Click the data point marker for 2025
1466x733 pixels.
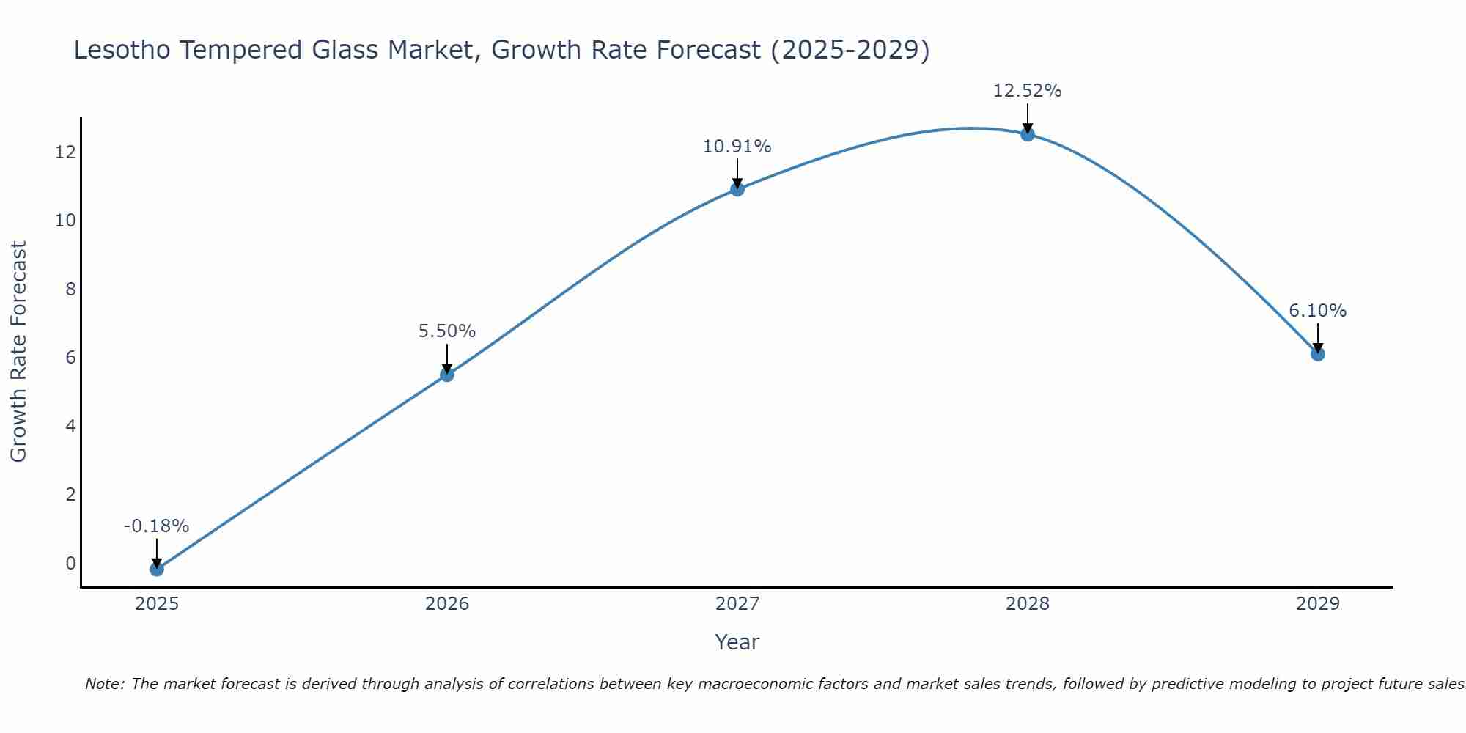(156, 569)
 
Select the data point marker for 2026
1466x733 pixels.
(447, 375)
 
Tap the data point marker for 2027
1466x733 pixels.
(737, 189)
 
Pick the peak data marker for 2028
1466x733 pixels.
(1028, 134)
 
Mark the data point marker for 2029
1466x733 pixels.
(1318, 354)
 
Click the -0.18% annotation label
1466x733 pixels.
(156, 526)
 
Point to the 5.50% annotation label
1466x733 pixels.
(447, 331)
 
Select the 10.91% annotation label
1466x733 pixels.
(737, 147)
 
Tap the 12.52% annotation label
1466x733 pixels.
(1028, 91)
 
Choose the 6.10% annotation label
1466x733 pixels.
(1318, 311)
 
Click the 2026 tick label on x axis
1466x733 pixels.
(447, 604)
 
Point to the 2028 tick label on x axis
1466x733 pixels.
(1028, 604)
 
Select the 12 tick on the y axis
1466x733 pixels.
(65, 152)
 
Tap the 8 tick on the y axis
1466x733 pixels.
(70, 289)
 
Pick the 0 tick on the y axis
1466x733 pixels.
(70, 563)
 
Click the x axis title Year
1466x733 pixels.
(737, 642)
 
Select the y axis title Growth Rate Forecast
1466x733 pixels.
(19, 352)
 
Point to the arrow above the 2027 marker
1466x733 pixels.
(737, 173)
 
